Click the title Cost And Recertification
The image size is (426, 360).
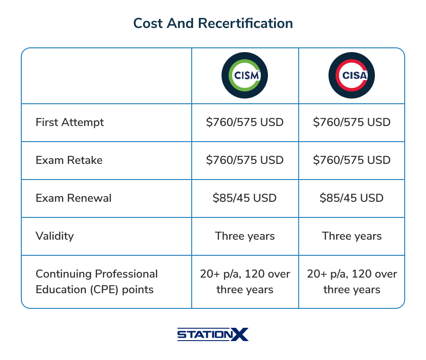coord(213,23)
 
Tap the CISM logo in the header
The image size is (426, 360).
coord(245,75)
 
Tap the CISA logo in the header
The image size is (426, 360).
coord(352,75)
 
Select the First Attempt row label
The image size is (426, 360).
coord(70,123)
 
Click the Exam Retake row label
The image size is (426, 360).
coord(69,160)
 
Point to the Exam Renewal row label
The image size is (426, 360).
coord(73,198)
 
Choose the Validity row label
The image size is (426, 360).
coord(54,236)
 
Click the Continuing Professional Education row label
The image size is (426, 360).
coord(97,282)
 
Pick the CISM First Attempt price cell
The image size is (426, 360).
coord(245,122)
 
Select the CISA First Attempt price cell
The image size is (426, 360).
coord(352,122)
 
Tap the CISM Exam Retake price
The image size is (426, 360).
coord(245,160)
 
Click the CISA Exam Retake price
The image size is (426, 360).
coord(352,160)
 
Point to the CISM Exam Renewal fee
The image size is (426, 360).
coord(245,198)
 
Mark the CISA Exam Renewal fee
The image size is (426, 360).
coord(352,198)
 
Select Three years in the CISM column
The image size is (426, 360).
coord(245,236)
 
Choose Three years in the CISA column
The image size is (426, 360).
coord(352,236)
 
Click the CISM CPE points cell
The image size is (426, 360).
coord(245,282)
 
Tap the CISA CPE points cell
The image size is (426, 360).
coord(352,282)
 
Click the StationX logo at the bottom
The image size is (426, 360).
coord(213,334)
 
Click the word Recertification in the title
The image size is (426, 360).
coord(246,23)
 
